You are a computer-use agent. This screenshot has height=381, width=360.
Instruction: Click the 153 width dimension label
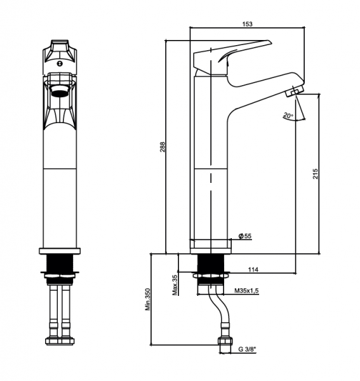(x=247, y=24)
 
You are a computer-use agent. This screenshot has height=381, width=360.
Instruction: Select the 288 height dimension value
(x=162, y=147)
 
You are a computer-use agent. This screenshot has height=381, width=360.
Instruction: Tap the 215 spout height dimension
(x=315, y=174)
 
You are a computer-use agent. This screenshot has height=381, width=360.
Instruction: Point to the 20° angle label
(x=288, y=115)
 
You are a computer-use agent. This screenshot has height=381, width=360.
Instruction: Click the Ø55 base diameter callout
(x=245, y=236)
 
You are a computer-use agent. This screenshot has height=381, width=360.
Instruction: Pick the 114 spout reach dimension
(x=253, y=269)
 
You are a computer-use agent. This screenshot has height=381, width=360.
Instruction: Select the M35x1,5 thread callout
(x=246, y=290)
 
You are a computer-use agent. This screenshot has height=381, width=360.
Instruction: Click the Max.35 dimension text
(x=175, y=284)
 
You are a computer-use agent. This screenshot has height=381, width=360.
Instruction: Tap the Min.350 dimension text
(x=147, y=299)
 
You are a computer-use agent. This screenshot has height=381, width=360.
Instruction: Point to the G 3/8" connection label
(x=247, y=349)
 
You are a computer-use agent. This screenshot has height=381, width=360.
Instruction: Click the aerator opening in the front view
(x=60, y=91)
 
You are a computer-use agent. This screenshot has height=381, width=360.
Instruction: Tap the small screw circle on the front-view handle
(x=60, y=63)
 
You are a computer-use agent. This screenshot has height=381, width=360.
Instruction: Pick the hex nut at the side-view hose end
(x=225, y=341)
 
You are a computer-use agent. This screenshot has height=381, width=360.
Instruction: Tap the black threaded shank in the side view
(x=211, y=263)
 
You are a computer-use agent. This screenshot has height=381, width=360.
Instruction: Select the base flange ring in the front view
(x=60, y=251)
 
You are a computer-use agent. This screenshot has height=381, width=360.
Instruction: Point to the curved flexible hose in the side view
(x=219, y=307)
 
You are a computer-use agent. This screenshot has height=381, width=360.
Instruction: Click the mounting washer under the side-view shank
(x=211, y=276)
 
